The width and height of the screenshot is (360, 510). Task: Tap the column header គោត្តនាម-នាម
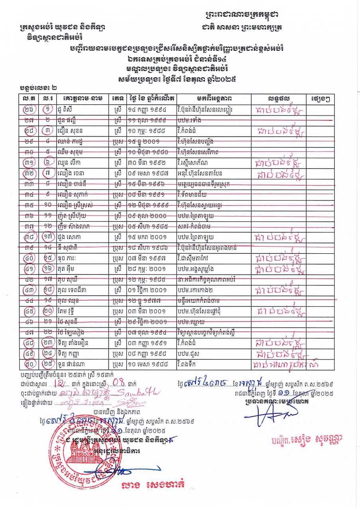tap(82, 98)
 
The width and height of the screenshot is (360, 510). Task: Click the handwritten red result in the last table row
tap(287, 364)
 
